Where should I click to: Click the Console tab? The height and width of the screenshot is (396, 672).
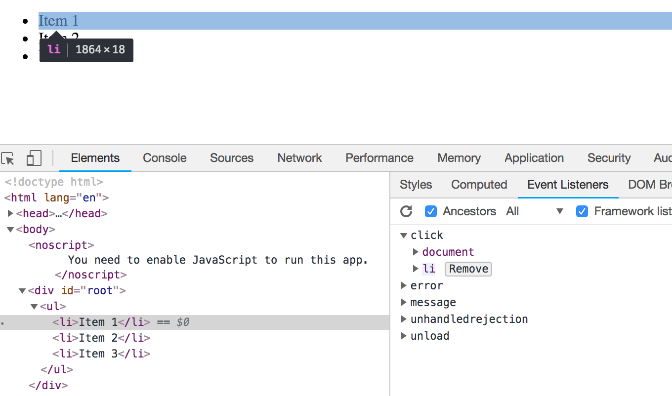(x=165, y=158)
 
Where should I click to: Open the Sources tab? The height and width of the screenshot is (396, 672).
(x=231, y=158)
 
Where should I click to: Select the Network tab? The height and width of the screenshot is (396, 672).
(x=299, y=158)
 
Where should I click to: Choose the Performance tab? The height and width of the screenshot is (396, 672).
(x=379, y=158)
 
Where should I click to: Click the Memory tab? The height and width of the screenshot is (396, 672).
(x=459, y=158)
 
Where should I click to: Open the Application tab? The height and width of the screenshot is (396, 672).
(x=534, y=158)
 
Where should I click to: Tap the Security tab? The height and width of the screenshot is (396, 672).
(x=609, y=158)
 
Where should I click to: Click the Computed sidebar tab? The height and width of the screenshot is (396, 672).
(x=479, y=185)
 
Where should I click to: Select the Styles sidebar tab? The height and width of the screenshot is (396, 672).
(x=416, y=185)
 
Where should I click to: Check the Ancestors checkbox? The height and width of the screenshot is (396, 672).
(x=431, y=211)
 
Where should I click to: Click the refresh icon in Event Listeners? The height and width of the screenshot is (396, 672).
(x=406, y=211)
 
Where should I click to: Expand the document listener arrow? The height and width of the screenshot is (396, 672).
(x=416, y=252)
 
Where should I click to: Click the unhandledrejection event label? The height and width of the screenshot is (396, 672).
(x=469, y=319)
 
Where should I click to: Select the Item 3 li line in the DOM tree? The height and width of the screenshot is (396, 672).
(x=101, y=354)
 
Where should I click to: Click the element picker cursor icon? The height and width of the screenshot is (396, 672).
(x=8, y=158)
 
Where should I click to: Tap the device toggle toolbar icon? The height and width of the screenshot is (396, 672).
(x=34, y=158)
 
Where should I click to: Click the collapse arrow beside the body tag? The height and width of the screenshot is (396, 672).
(x=10, y=229)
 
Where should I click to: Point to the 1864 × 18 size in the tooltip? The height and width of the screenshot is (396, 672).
(x=100, y=49)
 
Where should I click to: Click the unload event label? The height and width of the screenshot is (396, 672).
(x=430, y=336)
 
